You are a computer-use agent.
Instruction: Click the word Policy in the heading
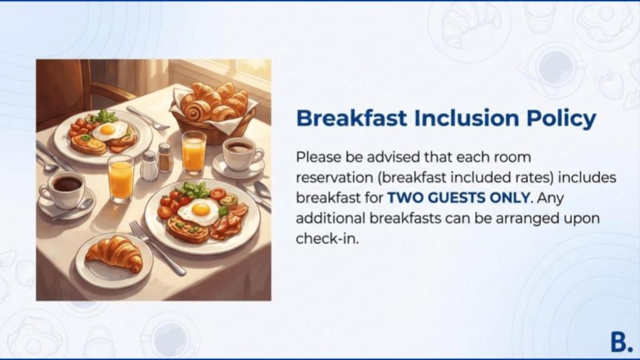tap(561, 118)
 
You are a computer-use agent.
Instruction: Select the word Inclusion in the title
tap(466, 117)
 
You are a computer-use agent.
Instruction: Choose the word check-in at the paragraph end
tap(327, 239)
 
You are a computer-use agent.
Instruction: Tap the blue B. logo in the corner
tap(621, 342)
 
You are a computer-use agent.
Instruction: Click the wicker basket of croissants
tap(214, 110)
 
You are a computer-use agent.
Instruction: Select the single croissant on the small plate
tap(115, 254)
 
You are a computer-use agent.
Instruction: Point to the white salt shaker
tap(149, 166)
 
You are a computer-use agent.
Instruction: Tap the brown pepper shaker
tap(165, 157)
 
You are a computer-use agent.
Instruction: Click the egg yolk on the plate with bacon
tap(201, 209)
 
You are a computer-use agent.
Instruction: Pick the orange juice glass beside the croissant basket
tap(194, 153)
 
